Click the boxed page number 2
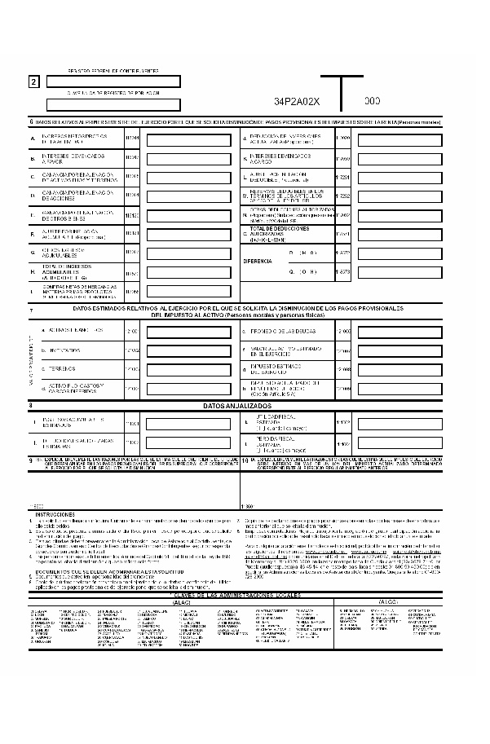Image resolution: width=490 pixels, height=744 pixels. point(33,82)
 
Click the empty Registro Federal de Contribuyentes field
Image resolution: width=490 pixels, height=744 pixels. point(113,81)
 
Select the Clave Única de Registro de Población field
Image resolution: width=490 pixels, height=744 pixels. point(113,104)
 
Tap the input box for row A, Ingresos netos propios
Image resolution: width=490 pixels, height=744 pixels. point(188,139)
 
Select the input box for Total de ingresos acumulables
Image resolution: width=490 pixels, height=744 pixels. point(188,272)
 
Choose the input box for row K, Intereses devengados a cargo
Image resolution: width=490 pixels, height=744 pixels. point(400,157)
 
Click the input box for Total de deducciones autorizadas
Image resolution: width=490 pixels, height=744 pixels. point(400,234)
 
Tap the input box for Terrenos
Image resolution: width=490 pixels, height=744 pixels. point(188,369)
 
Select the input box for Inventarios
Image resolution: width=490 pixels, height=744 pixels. point(188,350)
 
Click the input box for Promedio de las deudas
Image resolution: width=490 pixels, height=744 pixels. point(400,332)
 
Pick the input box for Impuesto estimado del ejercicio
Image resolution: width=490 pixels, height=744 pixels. point(400,369)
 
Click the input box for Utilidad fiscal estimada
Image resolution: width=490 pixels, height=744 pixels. point(400,423)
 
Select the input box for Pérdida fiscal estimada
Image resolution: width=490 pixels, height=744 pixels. point(400,444)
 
